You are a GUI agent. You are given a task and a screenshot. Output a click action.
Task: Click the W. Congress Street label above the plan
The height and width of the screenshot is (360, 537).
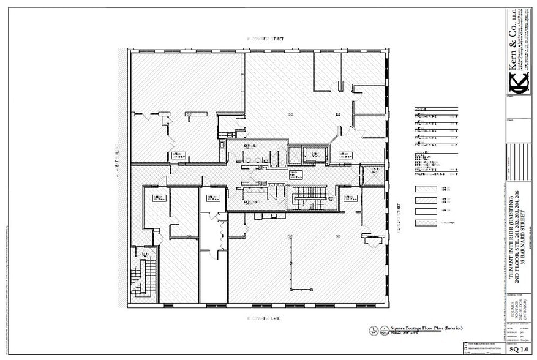pyautogui.click(x=267, y=39)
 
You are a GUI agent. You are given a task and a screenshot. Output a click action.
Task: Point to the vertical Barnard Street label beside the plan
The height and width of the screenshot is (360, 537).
pyautogui.click(x=399, y=219)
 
